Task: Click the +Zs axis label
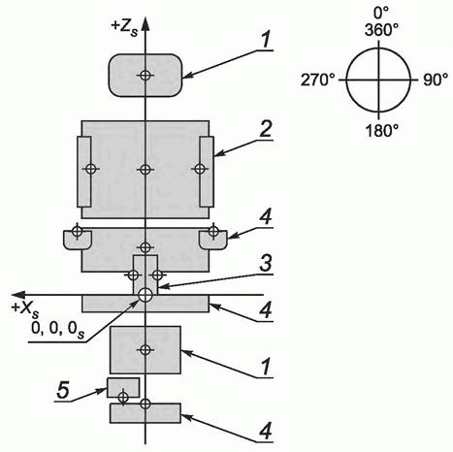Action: (124, 28)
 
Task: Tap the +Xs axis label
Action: (25, 309)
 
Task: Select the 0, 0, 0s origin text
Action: (58, 330)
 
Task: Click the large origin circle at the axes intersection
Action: (146, 295)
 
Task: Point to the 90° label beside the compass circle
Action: (436, 80)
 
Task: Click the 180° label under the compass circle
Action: (381, 131)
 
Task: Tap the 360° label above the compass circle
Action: (381, 30)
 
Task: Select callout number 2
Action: (266, 129)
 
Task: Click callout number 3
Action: (266, 264)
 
